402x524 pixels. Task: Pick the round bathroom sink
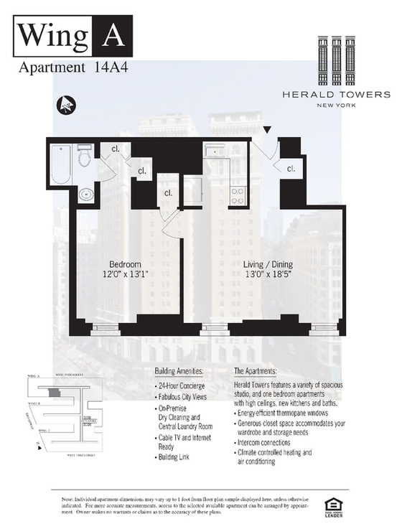click(85, 195)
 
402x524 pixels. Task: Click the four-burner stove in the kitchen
click(238, 195)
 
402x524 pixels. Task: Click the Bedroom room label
click(124, 263)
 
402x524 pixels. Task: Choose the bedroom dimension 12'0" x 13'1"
click(124, 273)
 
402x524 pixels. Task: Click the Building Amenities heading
click(179, 371)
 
